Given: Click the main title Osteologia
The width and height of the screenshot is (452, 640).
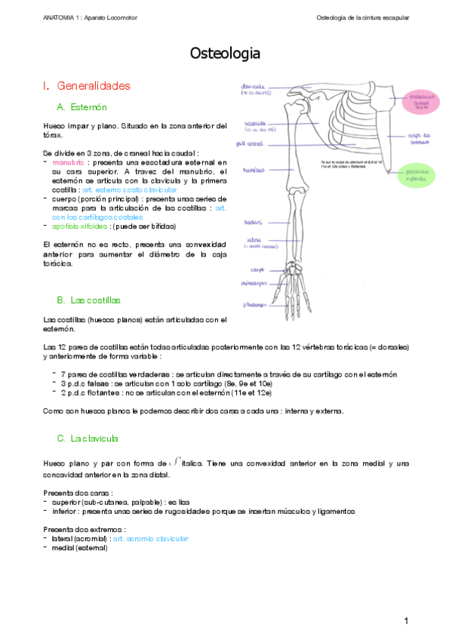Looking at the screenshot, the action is [x=226, y=54].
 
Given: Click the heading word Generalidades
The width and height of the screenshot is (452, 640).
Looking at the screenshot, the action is [x=94, y=85].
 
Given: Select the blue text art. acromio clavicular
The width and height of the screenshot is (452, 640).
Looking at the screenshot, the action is [x=150, y=539].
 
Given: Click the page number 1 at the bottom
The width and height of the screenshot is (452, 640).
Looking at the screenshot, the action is [x=405, y=620].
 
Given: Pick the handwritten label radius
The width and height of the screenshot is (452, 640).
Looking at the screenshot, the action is [x=252, y=223].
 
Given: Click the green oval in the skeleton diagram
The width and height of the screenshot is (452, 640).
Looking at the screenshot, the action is [x=420, y=174].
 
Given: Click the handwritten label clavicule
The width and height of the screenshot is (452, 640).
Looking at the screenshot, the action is [x=254, y=88].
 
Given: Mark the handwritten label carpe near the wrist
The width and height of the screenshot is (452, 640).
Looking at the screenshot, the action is [x=256, y=269].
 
